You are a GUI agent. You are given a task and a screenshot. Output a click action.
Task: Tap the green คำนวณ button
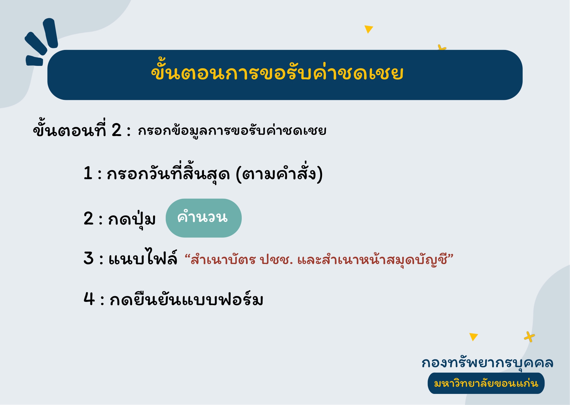tap(204, 218)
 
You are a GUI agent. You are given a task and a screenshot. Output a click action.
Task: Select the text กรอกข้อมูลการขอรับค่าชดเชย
tap(232, 131)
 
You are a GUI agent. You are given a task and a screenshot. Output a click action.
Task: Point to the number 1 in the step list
tap(88, 173)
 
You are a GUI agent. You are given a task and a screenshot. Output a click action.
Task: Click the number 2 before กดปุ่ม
tap(89, 218)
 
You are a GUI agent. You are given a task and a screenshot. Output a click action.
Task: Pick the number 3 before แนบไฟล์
tap(89, 258)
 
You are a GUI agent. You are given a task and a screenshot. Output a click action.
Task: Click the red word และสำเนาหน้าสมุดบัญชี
tap(372, 260)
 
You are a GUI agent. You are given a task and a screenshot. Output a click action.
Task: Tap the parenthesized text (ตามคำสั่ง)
tap(279, 174)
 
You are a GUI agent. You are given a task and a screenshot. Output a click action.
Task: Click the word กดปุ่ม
tap(132, 219)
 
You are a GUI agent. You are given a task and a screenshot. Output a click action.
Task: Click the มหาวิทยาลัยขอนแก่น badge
tap(486, 383)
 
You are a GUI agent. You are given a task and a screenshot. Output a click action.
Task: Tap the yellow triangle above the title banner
tap(369, 29)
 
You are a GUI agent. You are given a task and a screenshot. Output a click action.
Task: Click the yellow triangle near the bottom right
tap(473, 337)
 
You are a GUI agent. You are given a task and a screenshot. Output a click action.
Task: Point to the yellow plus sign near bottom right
tap(530, 337)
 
